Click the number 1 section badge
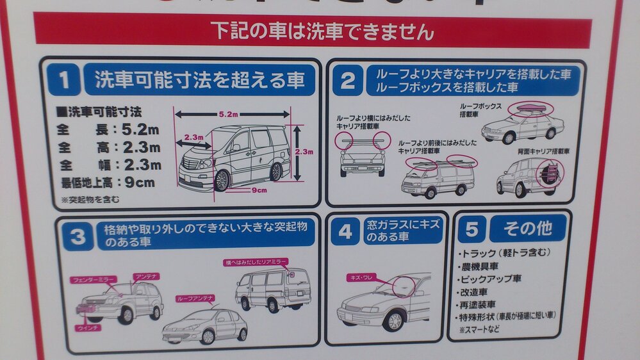[x=64, y=81]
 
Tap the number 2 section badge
[x=347, y=81]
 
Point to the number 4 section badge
[x=345, y=232]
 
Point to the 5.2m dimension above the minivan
[x=228, y=114]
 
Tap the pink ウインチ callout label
[x=88, y=327]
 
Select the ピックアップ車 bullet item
[x=493, y=279]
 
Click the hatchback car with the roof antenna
[x=205, y=326]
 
